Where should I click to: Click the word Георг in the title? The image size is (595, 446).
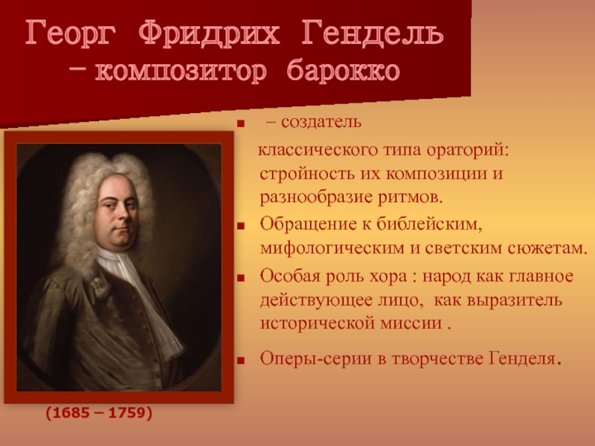pos(71,34)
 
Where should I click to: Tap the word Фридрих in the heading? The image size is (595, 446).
pos(209,33)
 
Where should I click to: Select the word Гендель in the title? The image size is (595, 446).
pos(373,33)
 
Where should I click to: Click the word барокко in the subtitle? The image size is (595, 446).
pos(343,71)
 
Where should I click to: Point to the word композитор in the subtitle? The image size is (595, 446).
pos(181,71)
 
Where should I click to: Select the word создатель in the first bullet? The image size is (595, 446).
pos(321,122)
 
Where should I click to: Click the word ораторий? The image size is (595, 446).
pos(467,151)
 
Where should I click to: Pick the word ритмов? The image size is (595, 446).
pos(411,197)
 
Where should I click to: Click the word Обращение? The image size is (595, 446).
pos(309,224)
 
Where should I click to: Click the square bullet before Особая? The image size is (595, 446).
pos(239,277)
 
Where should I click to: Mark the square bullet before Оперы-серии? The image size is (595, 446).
pos(239,360)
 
